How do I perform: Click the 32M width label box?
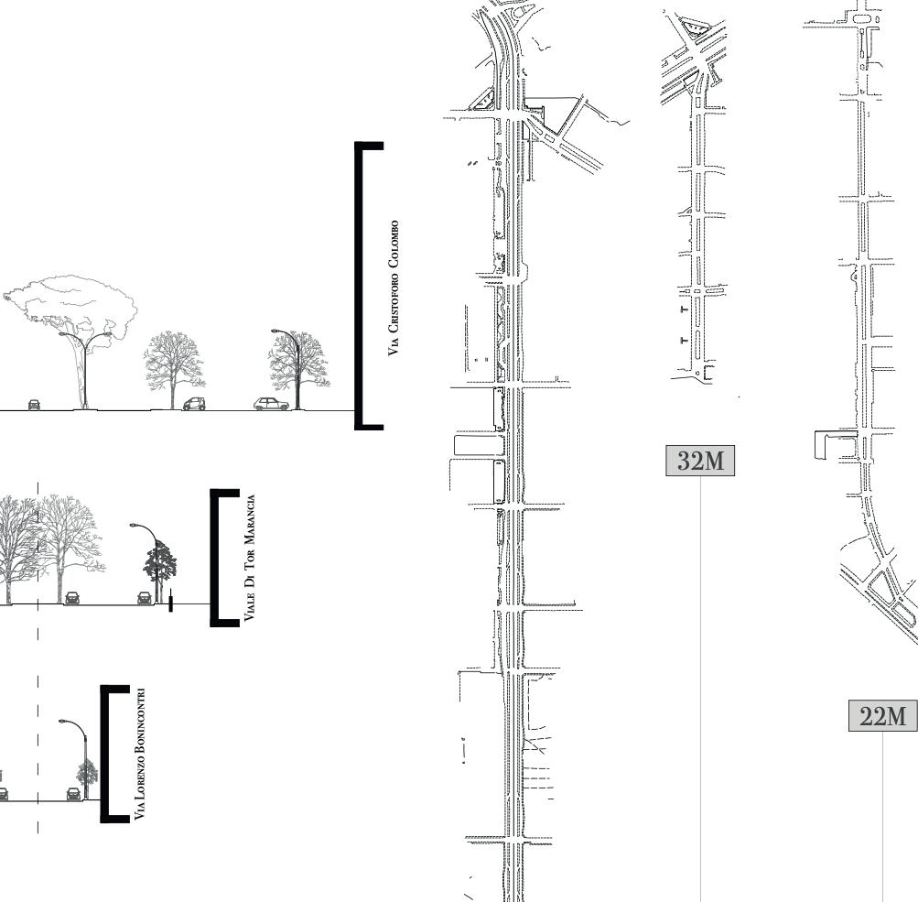pos(700,462)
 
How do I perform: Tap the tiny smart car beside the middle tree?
pos(193,404)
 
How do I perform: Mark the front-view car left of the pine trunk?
pos(34,405)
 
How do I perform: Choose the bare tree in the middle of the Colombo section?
pos(173,362)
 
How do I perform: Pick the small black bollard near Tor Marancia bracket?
pos(170,603)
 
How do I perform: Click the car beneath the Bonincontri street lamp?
pos(72,793)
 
